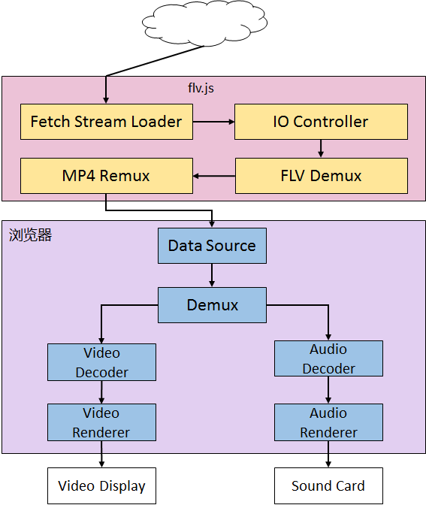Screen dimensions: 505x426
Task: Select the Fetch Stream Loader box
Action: click(x=106, y=122)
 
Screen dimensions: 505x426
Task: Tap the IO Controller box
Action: click(x=321, y=122)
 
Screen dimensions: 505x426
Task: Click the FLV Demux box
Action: click(x=321, y=177)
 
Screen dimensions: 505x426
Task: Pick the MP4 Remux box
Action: click(x=106, y=177)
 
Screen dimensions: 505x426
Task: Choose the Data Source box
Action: click(x=212, y=246)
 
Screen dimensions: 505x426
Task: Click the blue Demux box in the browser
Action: click(x=212, y=305)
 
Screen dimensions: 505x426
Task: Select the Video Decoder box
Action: click(x=101, y=362)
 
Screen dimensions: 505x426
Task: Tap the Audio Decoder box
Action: click(x=328, y=359)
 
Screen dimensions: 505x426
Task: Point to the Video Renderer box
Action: click(x=101, y=422)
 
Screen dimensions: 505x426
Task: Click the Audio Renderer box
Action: click(x=328, y=422)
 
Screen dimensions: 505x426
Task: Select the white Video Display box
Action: click(x=101, y=486)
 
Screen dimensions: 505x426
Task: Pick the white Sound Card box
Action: click(x=328, y=486)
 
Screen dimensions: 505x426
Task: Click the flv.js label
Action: click(x=201, y=88)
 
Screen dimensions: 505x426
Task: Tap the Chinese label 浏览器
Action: click(x=30, y=235)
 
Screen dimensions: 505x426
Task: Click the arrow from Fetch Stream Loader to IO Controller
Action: click(x=213, y=122)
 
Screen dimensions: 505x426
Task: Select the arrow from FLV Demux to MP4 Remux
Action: click(x=214, y=177)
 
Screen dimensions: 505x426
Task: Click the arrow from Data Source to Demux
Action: click(x=212, y=275)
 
